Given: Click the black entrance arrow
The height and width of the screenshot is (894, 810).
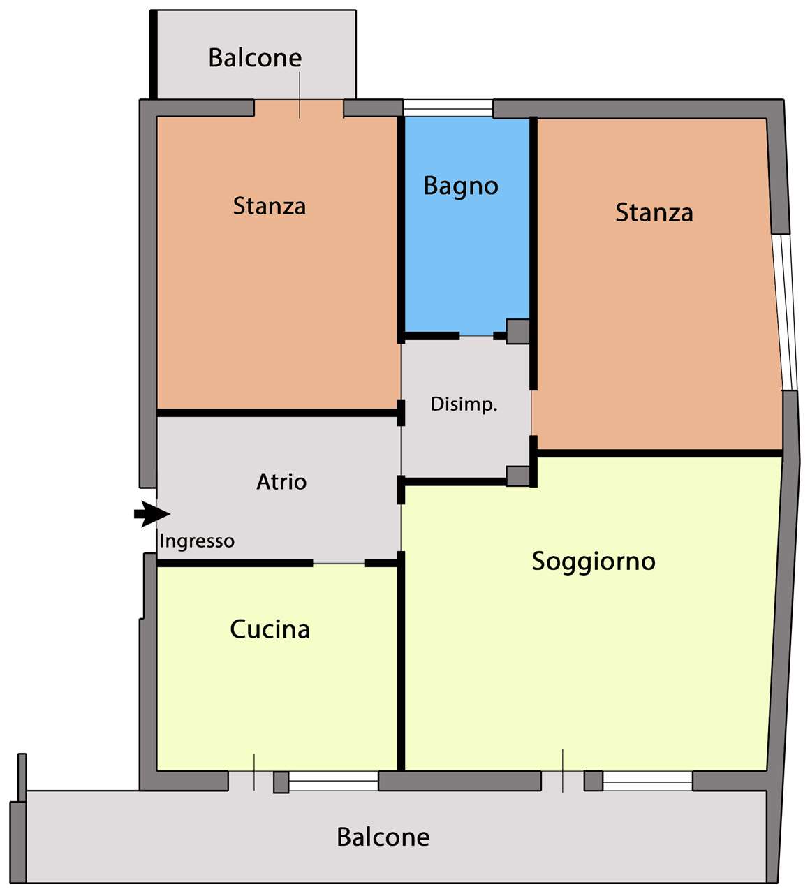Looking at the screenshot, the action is [x=152, y=514].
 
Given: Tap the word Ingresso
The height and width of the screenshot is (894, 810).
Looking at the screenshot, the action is [x=197, y=542].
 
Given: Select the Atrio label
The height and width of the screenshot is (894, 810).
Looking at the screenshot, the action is [x=281, y=482].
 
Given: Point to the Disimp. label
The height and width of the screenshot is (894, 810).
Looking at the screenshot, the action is [x=464, y=405].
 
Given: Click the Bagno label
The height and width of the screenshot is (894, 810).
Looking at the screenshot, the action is [x=461, y=186].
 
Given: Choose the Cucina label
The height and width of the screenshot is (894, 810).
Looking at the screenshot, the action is [x=270, y=630].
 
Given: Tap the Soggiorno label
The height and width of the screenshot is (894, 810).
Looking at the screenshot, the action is [x=594, y=562].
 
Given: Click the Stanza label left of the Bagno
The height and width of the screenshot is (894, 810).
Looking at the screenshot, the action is [x=270, y=206].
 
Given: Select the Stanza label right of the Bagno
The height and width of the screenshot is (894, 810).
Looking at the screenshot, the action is [x=654, y=212].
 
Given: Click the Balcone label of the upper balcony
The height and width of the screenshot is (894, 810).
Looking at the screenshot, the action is [x=255, y=58].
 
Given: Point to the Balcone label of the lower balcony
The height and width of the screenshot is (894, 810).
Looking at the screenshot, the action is [x=383, y=837].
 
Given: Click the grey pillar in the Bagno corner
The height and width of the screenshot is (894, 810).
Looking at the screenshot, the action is [x=517, y=332].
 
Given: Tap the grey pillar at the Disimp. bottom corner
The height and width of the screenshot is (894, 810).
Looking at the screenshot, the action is [x=517, y=476].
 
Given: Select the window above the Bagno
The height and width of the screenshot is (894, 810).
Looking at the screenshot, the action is [x=448, y=108].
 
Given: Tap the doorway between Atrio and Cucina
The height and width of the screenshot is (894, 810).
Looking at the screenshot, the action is [x=339, y=564].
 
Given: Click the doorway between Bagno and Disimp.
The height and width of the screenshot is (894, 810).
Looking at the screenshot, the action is [x=476, y=336].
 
